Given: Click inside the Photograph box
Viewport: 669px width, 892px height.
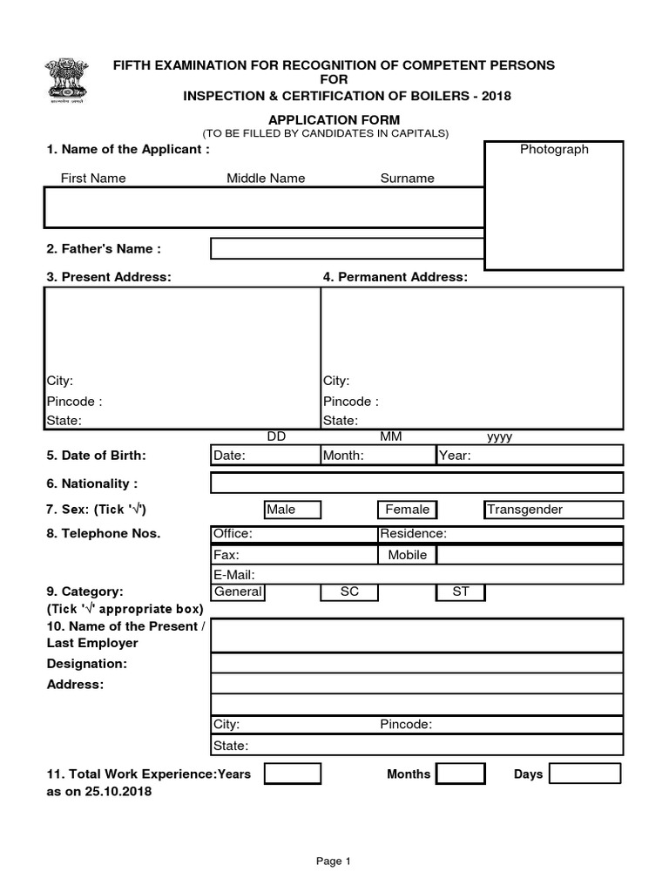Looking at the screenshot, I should (x=554, y=206).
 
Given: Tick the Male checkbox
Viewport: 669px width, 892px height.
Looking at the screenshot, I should (x=293, y=510).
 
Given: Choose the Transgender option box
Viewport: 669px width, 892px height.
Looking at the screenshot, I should (x=553, y=510).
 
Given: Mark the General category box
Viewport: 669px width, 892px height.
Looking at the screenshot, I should (x=238, y=592).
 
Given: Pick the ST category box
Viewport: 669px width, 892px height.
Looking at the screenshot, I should (x=461, y=592).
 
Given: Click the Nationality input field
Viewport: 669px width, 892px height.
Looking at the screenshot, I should (x=416, y=483).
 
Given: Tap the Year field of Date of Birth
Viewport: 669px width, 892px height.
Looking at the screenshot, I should (x=530, y=455).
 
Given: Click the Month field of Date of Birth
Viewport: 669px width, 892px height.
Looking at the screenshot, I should (x=378, y=455).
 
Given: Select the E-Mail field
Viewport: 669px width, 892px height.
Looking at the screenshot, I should (x=416, y=574).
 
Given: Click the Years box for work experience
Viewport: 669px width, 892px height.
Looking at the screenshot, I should (x=293, y=774).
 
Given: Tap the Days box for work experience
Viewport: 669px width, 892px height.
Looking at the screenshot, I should (x=585, y=774).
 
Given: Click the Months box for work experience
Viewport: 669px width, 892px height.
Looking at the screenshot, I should (x=461, y=774).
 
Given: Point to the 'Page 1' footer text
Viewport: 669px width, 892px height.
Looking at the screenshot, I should (x=333, y=862).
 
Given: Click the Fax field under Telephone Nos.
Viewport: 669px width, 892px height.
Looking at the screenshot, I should (x=294, y=555).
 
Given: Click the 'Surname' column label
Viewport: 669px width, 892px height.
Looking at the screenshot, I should (x=407, y=179).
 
